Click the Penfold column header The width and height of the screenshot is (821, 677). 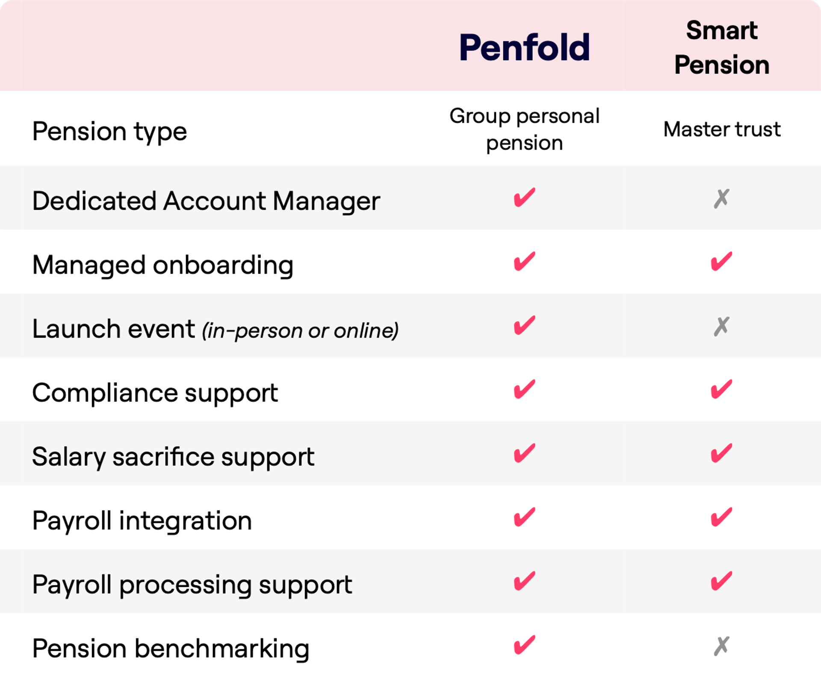tap(524, 47)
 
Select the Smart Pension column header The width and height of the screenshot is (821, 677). tap(722, 47)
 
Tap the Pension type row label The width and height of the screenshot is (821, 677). tap(109, 131)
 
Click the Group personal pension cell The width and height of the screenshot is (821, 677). tap(524, 129)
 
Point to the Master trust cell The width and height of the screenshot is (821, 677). tap(722, 129)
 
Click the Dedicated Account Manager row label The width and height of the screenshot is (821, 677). tap(206, 201)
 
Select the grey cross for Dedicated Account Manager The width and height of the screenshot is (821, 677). tap(721, 198)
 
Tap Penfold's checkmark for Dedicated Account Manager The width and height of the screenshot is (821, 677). tap(524, 197)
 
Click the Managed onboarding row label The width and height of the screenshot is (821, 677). tap(162, 265)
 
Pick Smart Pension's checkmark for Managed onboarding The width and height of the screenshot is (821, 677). tap(721, 262)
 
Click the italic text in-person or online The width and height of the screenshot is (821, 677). tap(300, 331)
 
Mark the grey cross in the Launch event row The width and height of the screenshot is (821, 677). tap(721, 327)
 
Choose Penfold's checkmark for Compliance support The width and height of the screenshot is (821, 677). tap(524, 389)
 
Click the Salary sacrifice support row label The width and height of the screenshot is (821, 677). tap(173, 457)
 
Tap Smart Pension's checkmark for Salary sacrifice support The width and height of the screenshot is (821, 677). tap(721, 453)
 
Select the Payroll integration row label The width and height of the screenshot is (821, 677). tap(142, 521)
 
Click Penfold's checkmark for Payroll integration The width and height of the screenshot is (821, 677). tap(524, 517)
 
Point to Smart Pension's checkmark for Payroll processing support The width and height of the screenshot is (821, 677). tap(721, 581)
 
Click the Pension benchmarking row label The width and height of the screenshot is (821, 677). tap(171, 648)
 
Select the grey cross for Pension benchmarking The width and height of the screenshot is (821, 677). tap(721, 646)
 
